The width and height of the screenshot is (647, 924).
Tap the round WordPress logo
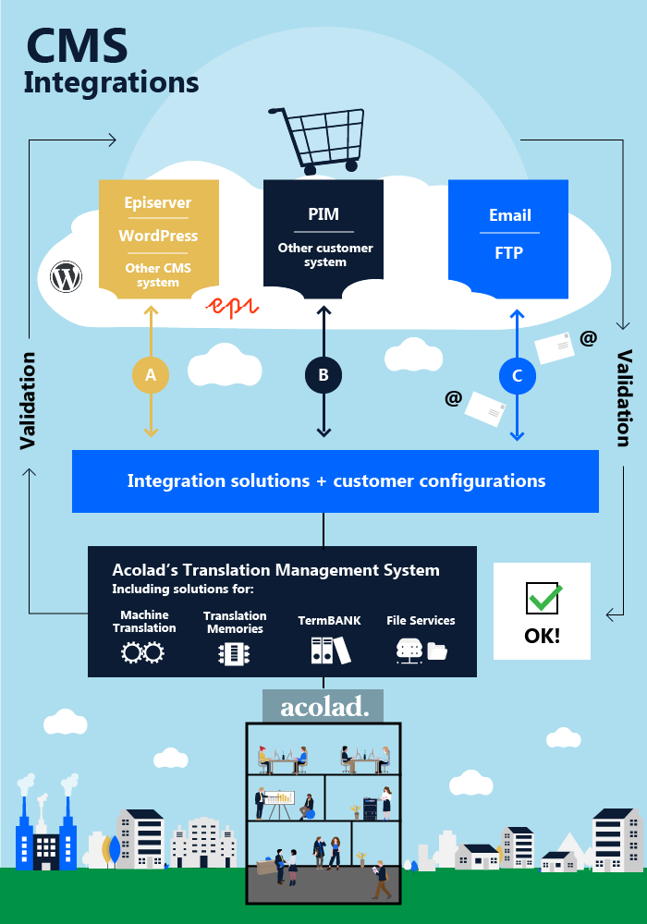(67, 276)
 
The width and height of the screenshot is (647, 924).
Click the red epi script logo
(231, 307)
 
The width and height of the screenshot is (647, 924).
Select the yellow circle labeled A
(151, 375)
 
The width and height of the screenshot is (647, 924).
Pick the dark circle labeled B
(323, 375)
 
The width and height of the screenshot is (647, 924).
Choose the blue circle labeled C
(517, 375)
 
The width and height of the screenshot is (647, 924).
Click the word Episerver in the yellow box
(158, 203)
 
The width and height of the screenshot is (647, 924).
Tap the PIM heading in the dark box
(323, 215)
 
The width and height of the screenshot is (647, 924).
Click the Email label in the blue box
(510, 215)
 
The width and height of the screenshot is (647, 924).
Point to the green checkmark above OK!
(543, 598)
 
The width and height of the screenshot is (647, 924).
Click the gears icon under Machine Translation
(143, 652)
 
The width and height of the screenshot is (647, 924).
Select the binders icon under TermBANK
(330, 650)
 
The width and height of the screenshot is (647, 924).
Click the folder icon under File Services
(437, 651)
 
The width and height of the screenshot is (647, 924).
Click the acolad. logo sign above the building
(323, 707)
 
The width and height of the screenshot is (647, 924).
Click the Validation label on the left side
(28, 401)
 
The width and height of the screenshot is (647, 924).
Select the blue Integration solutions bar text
(336, 481)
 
